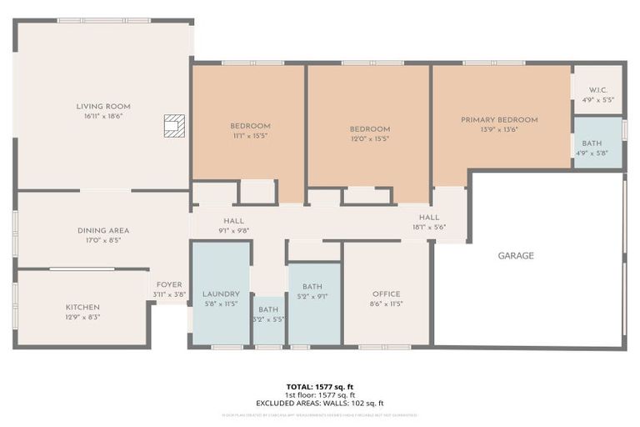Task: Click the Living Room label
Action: point(103,107)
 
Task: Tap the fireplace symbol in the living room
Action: point(173,125)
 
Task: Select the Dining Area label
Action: point(103,230)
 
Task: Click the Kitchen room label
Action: point(82,307)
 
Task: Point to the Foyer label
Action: point(169,284)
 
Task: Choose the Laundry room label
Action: point(221,294)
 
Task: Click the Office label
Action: point(386,294)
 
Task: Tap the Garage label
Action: point(516,256)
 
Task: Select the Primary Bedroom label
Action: point(499,120)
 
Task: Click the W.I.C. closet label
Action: point(597,90)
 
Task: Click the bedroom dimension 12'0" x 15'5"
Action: point(370,138)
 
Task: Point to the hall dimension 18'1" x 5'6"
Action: point(429,227)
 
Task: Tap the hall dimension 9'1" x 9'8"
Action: point(233,231)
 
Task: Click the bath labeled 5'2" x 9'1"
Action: point(312,294)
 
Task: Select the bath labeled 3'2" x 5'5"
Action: point(268,319)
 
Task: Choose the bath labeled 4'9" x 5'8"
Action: point(592,153)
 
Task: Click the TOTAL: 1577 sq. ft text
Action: point(320,386)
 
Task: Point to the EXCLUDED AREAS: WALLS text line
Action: point(320,403)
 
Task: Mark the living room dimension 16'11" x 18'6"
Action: point(103,117)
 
